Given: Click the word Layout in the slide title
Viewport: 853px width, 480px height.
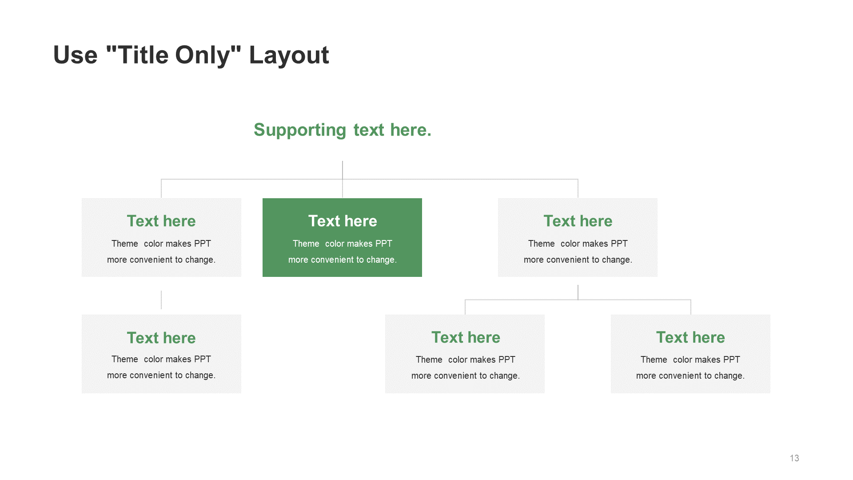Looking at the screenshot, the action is (x=289, y=55).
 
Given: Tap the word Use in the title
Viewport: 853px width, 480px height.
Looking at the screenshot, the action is (x=75, y=55).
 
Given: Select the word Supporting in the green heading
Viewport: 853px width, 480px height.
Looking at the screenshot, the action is (x=300, y=130).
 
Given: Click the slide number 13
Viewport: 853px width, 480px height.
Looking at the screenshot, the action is (x=794, y=458).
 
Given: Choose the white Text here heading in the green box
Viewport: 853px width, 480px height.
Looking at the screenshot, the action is (x=343, y=221).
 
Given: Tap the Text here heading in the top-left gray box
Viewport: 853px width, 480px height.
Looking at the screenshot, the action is (x=161, y=221).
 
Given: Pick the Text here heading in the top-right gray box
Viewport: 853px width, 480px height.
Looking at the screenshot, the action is (x=578, y=221).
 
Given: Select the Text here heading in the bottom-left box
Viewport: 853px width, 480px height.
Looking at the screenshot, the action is (x=161, y=338).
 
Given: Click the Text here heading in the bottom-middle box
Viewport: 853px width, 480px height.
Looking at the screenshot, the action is (x=466, y=337).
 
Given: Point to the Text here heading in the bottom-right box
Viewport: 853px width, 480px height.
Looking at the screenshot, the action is (x=690, y=337).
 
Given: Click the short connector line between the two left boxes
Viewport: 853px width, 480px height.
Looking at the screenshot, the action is (x=161, y=300).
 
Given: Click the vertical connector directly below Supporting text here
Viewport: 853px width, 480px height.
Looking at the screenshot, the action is (x=343, y=179).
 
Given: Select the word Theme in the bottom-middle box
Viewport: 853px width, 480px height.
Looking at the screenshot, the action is (x=429, y=360).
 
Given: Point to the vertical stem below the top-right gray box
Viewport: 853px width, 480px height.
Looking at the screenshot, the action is (x=578, y=292).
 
